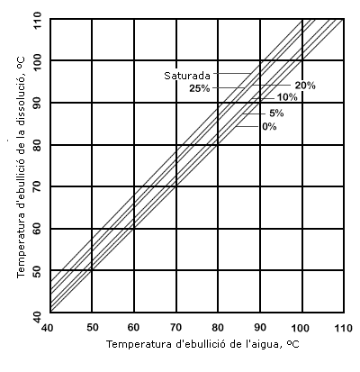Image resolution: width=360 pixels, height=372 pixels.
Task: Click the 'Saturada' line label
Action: [x=186, y=76]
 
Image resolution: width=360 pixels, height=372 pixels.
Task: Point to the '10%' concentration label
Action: [x=287, y=97]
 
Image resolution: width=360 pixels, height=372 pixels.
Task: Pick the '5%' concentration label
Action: [x=276, y=113]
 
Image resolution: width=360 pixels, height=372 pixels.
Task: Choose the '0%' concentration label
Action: [x=269, y=126]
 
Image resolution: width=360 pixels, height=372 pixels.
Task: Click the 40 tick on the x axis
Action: [x=49, y=326]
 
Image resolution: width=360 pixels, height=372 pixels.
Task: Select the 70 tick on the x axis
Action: [x=175, y=326]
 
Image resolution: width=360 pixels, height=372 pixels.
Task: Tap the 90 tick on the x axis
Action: [x=259, y=326]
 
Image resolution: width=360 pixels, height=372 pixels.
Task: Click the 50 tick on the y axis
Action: [x=37, y=271]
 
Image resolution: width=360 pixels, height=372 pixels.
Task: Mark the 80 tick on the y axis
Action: [x=37, y=145]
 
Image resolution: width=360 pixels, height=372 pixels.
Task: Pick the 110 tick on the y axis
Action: [x=37, y=19]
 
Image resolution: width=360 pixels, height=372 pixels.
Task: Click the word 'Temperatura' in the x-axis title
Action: [x=136, y=345]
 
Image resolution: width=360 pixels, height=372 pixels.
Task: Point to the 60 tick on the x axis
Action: [x=134, y=326]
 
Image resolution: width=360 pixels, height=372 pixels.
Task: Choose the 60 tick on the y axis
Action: [x=37, y=229]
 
